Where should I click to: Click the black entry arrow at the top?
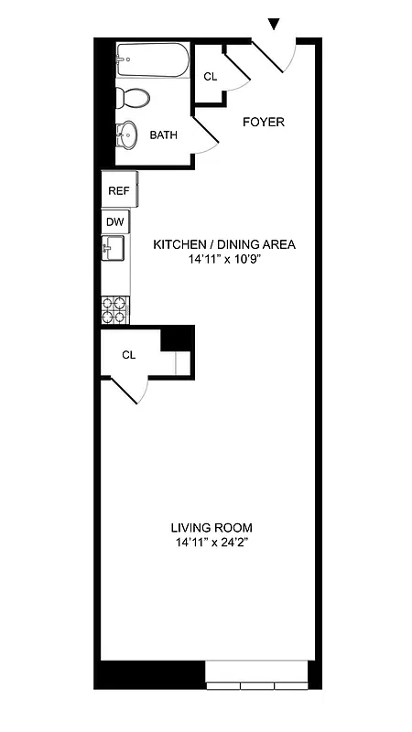coord(273,24)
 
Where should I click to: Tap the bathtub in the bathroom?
coord(152,62)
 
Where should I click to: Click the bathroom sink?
coord(127,135)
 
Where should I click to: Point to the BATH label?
coord(164,135)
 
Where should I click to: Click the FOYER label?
coord(263,122)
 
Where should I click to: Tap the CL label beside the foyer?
coord(210,77)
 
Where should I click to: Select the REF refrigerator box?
coord(119,190)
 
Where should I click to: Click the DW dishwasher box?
coord(114,221)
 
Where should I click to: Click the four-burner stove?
coord(114,310)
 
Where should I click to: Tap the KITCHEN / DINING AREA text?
coord(224,244)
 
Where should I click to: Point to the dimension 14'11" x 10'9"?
coord(224,259)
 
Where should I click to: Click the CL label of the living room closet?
coord(129,354)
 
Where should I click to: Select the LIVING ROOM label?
coord(211,528)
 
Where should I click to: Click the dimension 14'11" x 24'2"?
coord(211,543)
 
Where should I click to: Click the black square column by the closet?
coord(178,338)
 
